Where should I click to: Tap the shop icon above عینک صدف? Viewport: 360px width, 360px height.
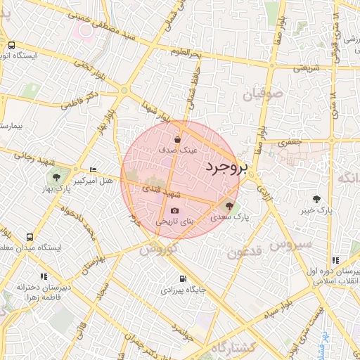pos(186,139)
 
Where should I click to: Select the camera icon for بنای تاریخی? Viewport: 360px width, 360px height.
pos(174,210)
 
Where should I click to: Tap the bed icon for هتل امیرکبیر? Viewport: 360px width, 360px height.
pos(94,170)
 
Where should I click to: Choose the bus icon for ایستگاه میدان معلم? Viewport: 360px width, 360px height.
pos(30,237)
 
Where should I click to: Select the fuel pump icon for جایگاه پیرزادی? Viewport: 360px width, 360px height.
pos(183,278)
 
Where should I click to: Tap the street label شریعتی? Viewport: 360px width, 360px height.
pos(306,68)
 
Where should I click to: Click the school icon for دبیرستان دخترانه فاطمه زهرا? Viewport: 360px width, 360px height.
pos(44,276)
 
